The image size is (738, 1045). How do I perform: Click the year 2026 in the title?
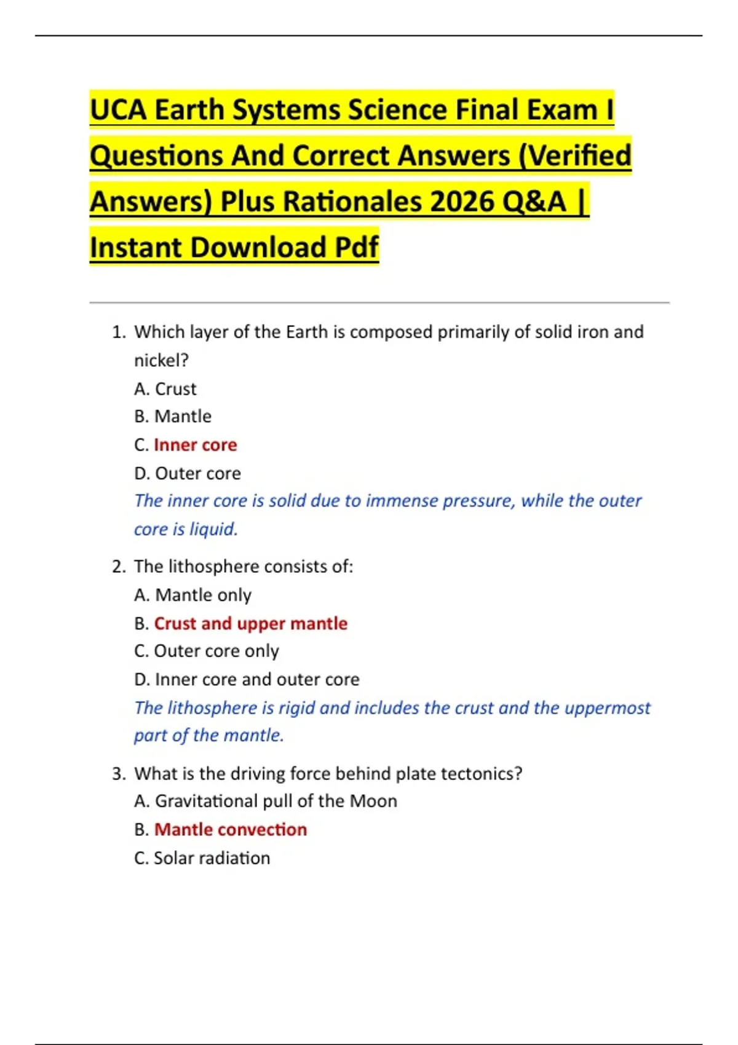tap(462, 201)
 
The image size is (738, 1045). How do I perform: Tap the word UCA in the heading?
tap(118, 110)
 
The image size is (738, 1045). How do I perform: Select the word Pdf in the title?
tap(357, 247)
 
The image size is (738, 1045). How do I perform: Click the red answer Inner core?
tap(195, 444)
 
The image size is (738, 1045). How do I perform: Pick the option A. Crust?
tap(165, 388)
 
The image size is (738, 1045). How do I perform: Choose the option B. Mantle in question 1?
tap(173, 416)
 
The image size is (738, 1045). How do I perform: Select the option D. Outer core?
tap(188, 473)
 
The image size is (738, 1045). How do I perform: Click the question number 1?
tap(118, 332)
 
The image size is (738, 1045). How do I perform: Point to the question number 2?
tap(118, 566)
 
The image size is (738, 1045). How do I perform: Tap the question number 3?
tap(118, 773)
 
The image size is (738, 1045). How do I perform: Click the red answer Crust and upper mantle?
tap(250, 623)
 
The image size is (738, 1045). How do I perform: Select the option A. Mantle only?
tap(193, 594)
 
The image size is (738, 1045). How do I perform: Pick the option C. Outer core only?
tap(207, 650)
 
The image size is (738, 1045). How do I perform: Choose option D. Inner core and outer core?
tap(247, 679)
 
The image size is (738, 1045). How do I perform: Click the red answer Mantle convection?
tap(230, 829)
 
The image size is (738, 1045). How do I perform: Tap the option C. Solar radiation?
tap(202, 858)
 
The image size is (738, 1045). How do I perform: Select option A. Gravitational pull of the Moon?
tap(266, 800)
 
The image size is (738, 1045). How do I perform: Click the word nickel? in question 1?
tap(161, 360)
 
